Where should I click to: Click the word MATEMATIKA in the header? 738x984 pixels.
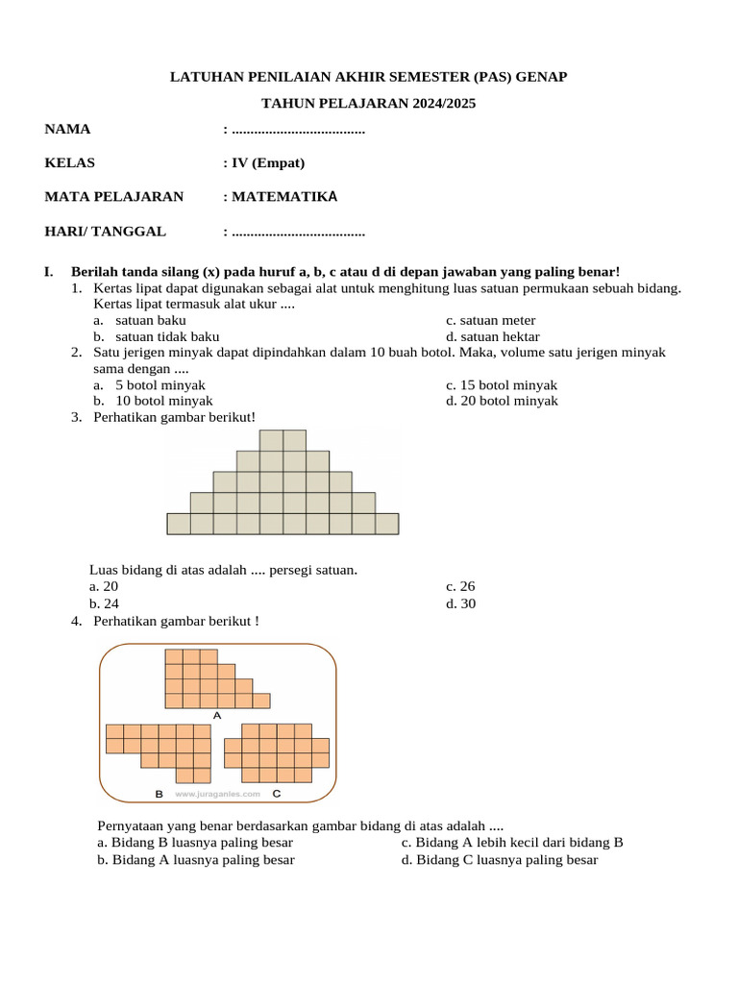pyautogui.click(x=284, y=197)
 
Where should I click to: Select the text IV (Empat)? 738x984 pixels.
pyautogui.click(x=268, y=162)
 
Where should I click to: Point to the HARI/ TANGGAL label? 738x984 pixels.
pyautogui.click(x=105, y=231)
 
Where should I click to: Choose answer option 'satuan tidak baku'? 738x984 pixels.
pyautogui.click(x=167, y=336)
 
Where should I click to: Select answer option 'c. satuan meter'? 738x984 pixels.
pyautogui.click(x=490, y=320)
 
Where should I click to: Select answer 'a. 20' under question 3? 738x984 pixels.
pyautogui.click(x=104, y=586)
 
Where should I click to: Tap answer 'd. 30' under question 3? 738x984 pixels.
pyautogui.click(x=460, y=603)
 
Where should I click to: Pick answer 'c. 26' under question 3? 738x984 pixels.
pyautogui.click(x=460, y=586)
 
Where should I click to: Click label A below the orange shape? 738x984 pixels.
pyautogui.click(x=217, y=715)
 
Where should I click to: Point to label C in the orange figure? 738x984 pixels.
pyautogui.click(x=277, y=794)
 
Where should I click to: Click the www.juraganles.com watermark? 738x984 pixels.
pyautogui.click(x=217, y=795)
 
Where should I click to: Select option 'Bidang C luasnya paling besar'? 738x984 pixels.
pyautogui.click(x=500, y=860)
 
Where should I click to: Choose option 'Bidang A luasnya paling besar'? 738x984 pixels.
pyautogui.click(x=196, y=860)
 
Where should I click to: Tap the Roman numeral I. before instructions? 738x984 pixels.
pyautogui.click(x=50, y=273)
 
